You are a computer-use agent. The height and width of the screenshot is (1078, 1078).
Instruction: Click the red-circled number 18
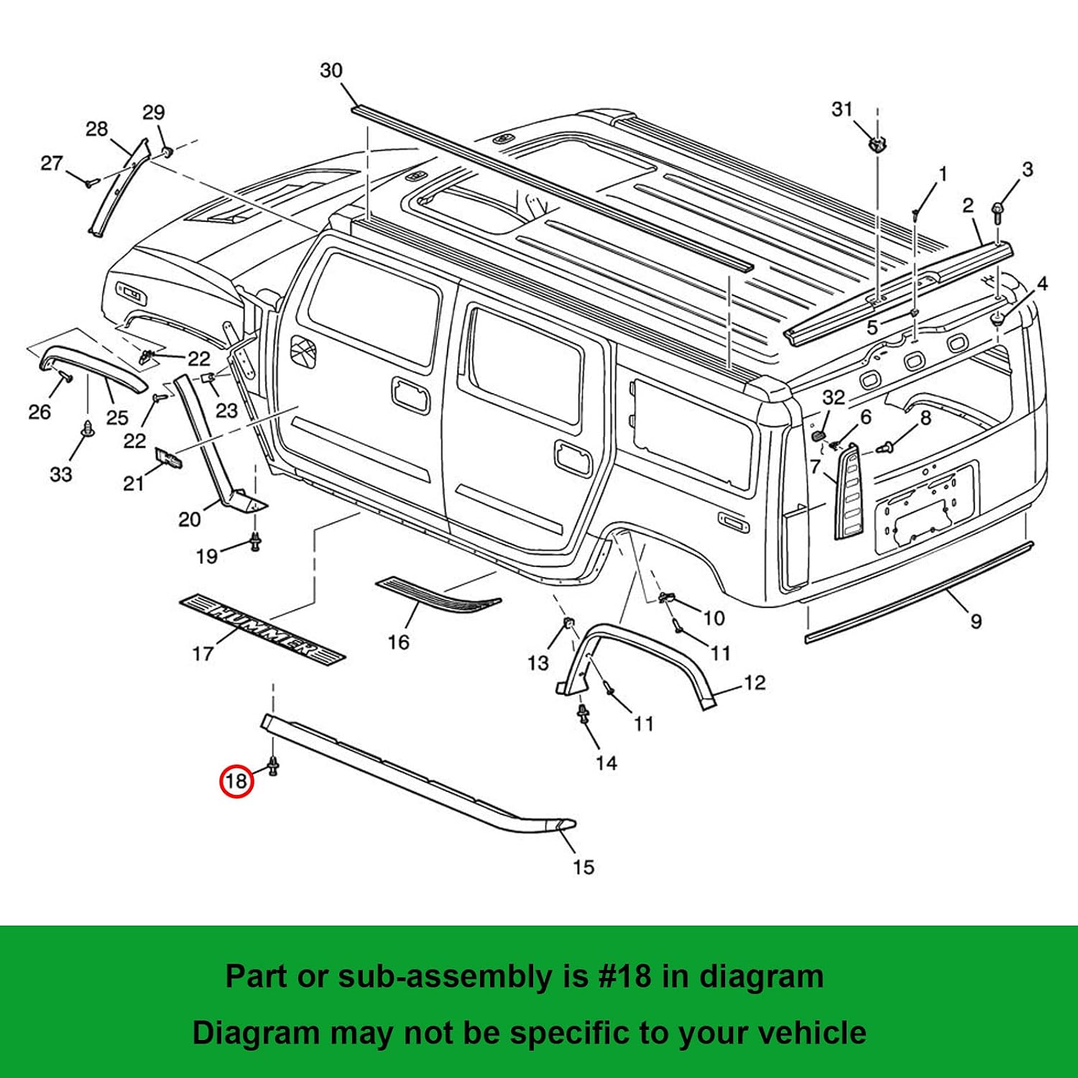point(236,780)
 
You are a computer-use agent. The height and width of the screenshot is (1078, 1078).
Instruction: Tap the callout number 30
point(331,70)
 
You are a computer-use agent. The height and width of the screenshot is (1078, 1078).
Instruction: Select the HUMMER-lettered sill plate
point(262,626)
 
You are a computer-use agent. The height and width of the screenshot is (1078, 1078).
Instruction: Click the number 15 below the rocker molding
point(584,867)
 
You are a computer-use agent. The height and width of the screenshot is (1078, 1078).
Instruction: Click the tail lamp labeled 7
point(849,492)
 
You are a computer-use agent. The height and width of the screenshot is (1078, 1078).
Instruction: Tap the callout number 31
point(842,109)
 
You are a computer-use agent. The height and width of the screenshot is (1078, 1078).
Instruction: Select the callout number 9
point(976,621)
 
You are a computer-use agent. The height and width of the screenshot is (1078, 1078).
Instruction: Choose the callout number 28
point(97,129)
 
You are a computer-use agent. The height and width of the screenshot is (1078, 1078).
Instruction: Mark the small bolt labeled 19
point(255,542)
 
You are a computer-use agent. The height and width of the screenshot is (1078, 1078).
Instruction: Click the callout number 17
point(203,653)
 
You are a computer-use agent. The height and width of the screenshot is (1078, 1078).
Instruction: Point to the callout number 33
point(61,474)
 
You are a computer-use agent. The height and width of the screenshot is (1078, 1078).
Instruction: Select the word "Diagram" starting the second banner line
point(256,1033)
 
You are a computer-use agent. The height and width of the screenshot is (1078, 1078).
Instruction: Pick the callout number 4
point(1042,284)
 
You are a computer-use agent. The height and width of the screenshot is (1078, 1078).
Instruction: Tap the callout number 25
point(117,418)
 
